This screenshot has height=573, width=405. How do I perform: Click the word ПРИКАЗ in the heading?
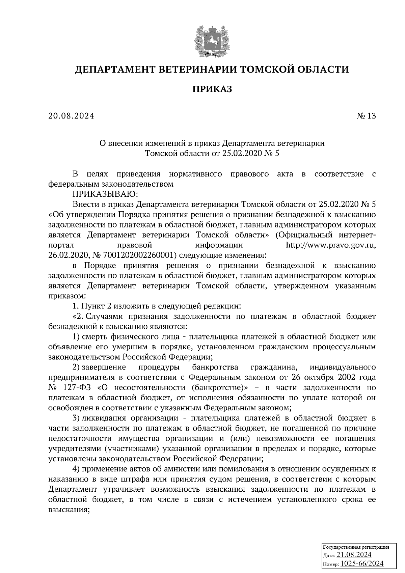[212, 89]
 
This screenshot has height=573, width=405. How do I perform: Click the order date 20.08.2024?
[71, 116]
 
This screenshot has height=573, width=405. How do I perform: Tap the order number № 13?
[366, 116]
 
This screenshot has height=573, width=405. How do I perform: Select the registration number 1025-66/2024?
[362, 563]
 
